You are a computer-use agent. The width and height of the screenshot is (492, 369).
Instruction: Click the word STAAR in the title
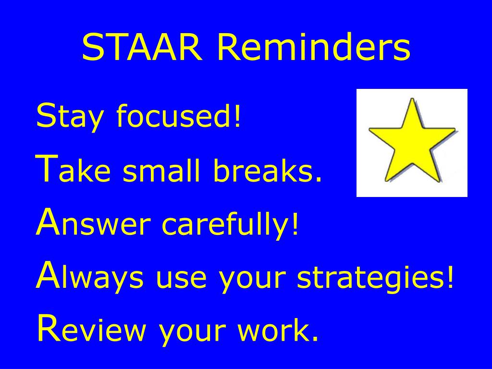tap(142, 47)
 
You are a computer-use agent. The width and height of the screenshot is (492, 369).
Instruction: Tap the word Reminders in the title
tap(313, 47)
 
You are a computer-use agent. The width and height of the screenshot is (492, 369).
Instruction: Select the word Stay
tap(70, 117)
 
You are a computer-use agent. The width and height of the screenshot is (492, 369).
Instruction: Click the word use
tap(181, 279)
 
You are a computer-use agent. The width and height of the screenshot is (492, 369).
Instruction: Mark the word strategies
tap(371, 276)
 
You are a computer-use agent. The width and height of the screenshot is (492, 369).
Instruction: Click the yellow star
tap(412, 142)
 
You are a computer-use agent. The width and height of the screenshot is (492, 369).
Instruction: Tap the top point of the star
tap(412, 98)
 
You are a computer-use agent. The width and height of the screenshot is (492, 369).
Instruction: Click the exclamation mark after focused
tap(237, 115)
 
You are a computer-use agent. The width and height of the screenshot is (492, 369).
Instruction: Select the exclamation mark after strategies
tap(450, 276)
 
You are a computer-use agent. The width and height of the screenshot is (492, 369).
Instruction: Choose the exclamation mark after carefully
tap(295, 223)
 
